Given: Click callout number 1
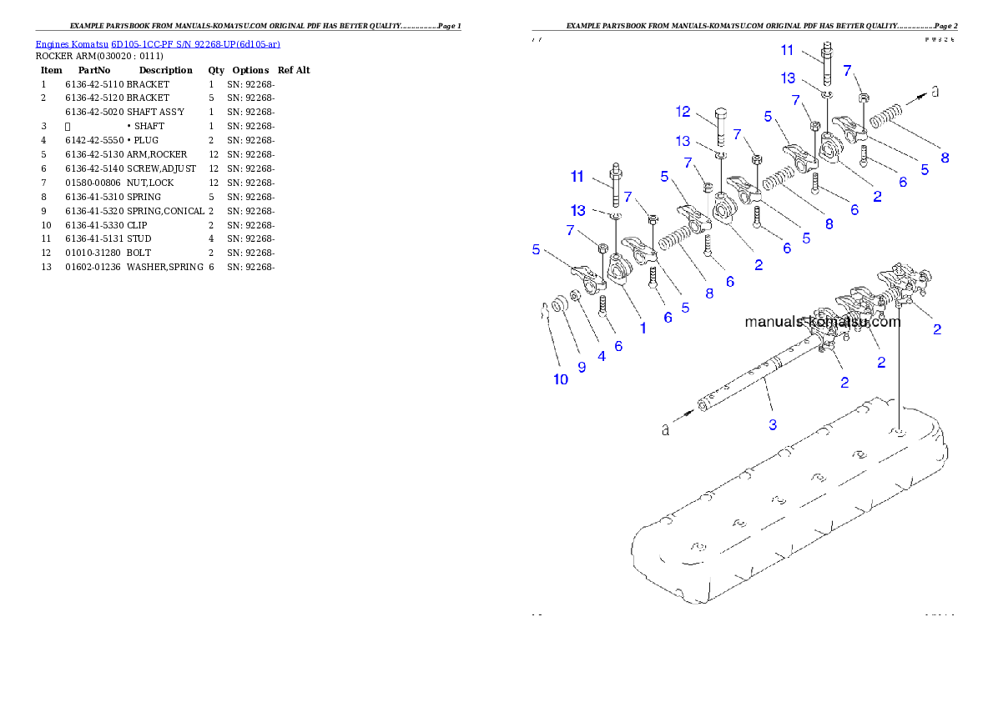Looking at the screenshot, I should click(643, 328).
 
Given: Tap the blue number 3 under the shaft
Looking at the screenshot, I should click(773, 424).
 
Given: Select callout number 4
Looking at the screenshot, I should click(601, 356).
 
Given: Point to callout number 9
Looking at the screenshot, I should click(582, 366).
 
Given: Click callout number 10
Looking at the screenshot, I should click(560, 379).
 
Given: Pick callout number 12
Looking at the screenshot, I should click(683, 112).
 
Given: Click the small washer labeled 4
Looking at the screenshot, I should click(577, 297).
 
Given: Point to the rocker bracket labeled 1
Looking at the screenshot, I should click(621, 270).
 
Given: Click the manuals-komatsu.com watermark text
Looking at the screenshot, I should click(822, 322).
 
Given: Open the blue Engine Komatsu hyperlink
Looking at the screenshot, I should click(158, 43).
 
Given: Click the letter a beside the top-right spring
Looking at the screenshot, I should click(935, 92).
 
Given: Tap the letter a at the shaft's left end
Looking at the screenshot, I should click(665, 429).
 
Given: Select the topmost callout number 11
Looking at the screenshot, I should click(787, 50).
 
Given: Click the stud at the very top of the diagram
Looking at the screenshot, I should click(827, 63).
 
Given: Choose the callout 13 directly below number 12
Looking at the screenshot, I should click(683, 141).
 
